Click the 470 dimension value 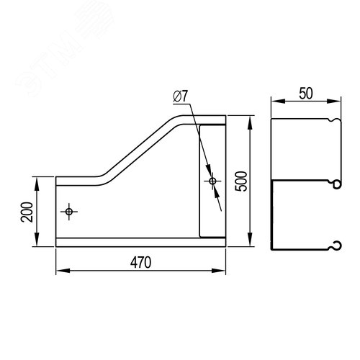pyautogui.click(x=140, y=262)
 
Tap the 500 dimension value pyautogui.click(x=241, y=181)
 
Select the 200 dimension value pyautogui.click(x=27, y=212)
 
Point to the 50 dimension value pyautogui.click(x=306, y=94)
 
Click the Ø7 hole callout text pyautogui.click(x=180, y=96)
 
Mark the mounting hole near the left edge pyautogui.click(x=69, y=212)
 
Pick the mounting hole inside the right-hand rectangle pyautogui.click(x=212, y=181)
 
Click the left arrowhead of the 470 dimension pyautogui.click(x=63, y=271)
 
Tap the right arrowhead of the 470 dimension pyautogui.click(x=218, y=271)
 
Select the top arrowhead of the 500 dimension pyautogui.click(x=250, y=123)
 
